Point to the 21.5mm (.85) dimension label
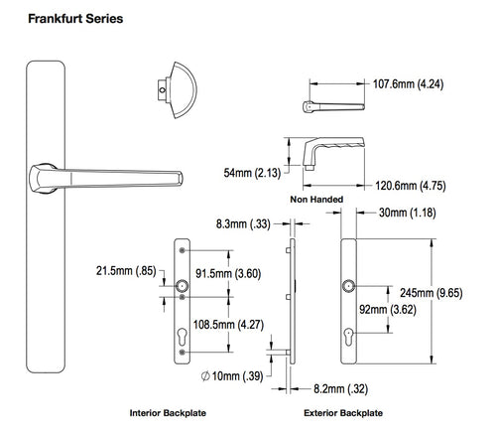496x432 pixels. pos(125,270)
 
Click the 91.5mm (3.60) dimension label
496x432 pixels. pos(228,274)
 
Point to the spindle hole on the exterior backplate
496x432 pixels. pos(348,287)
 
